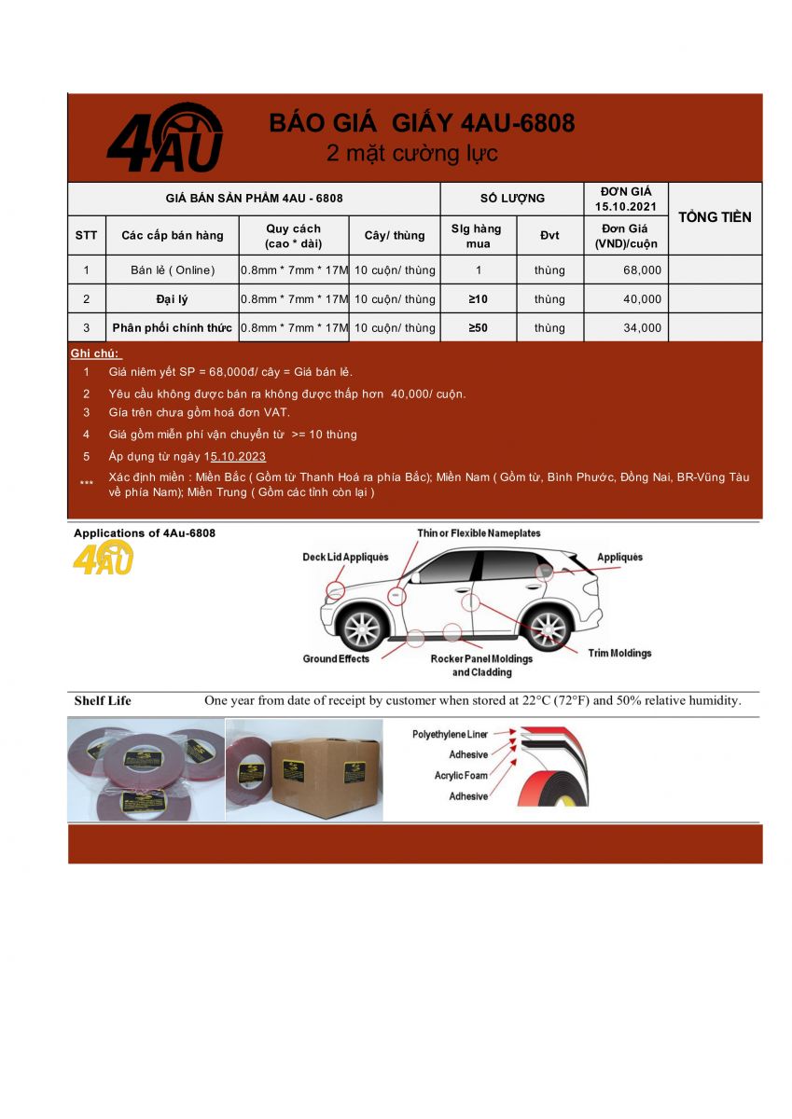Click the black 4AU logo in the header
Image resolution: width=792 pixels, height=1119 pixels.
tap(164, 138)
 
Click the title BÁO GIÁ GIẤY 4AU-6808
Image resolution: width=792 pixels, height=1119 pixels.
tap(422, 123)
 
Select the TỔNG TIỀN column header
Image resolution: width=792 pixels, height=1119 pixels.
tap(715, 217)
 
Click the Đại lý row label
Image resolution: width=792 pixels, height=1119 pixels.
tap(173, 299)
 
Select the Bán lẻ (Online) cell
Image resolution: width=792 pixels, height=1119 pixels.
tap(173, 270)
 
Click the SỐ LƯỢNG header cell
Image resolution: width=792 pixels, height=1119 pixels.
tap(512, 198)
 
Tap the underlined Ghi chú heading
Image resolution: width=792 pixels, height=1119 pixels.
tap(96, 354)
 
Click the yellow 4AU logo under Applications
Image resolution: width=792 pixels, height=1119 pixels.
tap(103, 559)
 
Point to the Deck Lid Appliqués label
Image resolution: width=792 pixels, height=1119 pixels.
tap(345, 558)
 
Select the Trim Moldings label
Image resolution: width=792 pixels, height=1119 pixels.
tap(619, 653)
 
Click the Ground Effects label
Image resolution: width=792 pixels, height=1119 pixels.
tap(336, 659)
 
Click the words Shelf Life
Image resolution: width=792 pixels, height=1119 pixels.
tap(103, 701)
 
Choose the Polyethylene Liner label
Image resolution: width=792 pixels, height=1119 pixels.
tap(450, 735)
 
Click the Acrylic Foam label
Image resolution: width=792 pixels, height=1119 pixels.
tap(461, 776)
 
